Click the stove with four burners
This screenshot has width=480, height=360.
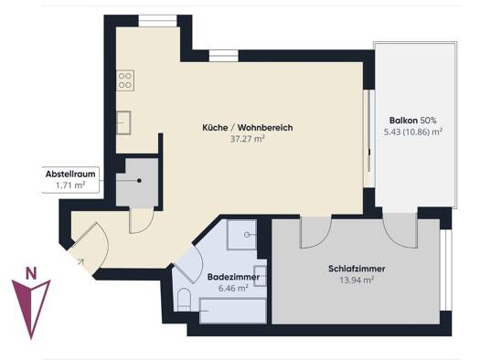pyautogui.click(x=125, y=80)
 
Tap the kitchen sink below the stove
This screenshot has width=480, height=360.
pyautogui.click(x=123, y=122)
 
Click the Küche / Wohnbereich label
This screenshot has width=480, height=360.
pyautogui.click(x=248, y=127)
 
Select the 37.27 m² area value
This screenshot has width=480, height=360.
pyautogui.click(x=248, y=139)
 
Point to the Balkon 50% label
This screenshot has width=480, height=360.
pyautogui.click(x=412, y=121)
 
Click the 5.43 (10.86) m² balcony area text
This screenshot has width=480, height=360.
pyautogui.click(x=412, y=132)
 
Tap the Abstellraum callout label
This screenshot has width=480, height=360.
pyautogui.click(x=70, y=174)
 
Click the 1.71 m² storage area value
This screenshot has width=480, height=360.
pyautogui.click(x=70, y=185)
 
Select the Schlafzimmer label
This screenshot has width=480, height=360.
pyautogui.click(x=357, y=269)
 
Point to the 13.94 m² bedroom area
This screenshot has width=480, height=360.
pyautogui.click(x=357, y=280)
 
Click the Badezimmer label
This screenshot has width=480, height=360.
pyautogui.click(x=233, y=277)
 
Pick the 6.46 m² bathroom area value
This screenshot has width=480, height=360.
pyautogui.click(x=233, y=288)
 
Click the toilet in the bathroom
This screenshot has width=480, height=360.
pyautogui.click(x=184, y=300)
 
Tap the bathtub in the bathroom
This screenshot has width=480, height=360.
pyautogui.click(x=232, y=311)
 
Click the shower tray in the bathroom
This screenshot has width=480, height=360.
pyautogui.click(x=241, y=235)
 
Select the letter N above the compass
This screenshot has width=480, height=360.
pyautogui.click(x=31, y=273)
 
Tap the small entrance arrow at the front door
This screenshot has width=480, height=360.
pyautogui.click(x=80, y=261)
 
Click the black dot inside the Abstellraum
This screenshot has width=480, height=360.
pyautogui.click(x=139, y=181)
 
